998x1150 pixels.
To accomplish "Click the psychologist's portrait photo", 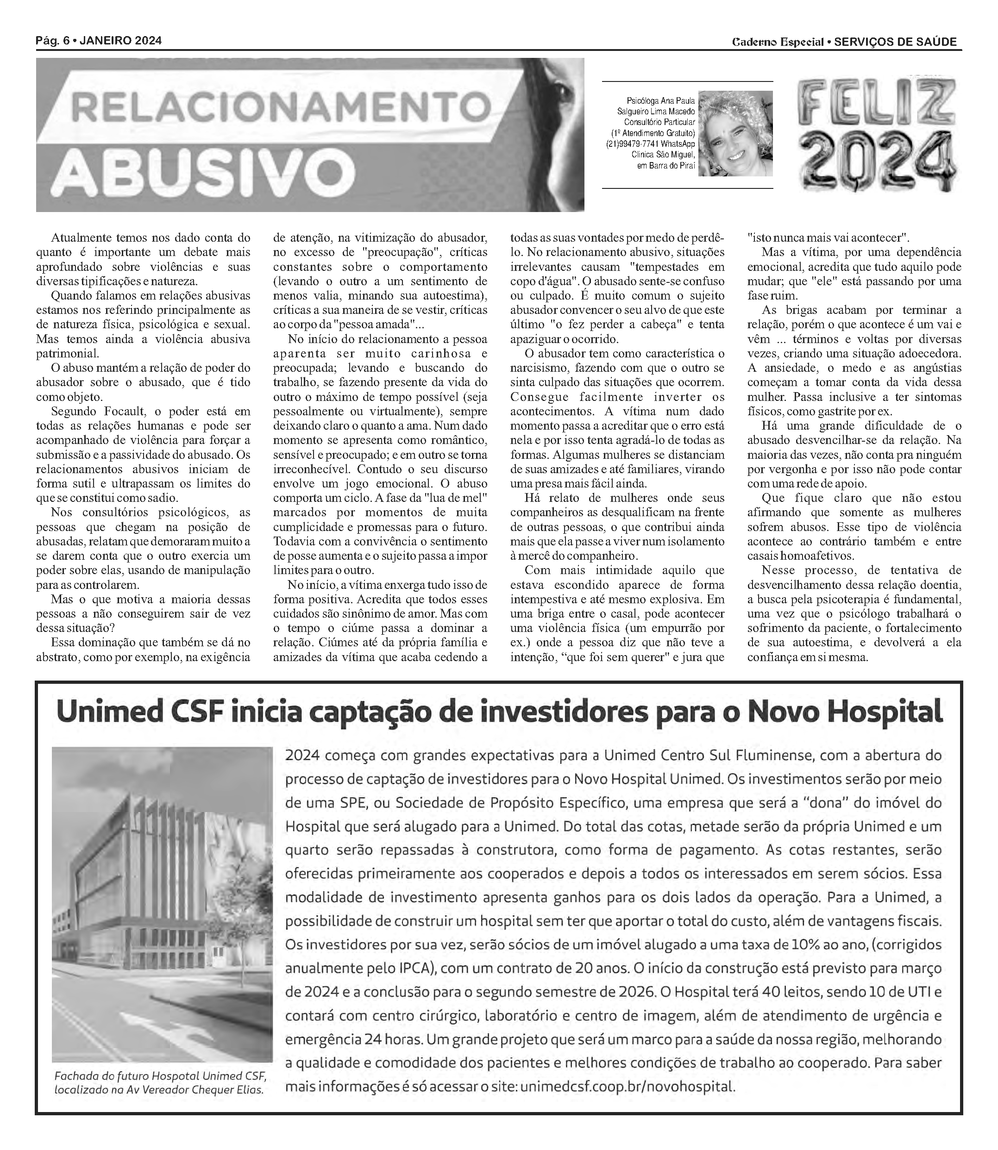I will pyautogui.click(x=735, y=134).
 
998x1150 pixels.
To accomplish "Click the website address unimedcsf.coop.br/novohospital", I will pyautogui.click(x=627, y=1086).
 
